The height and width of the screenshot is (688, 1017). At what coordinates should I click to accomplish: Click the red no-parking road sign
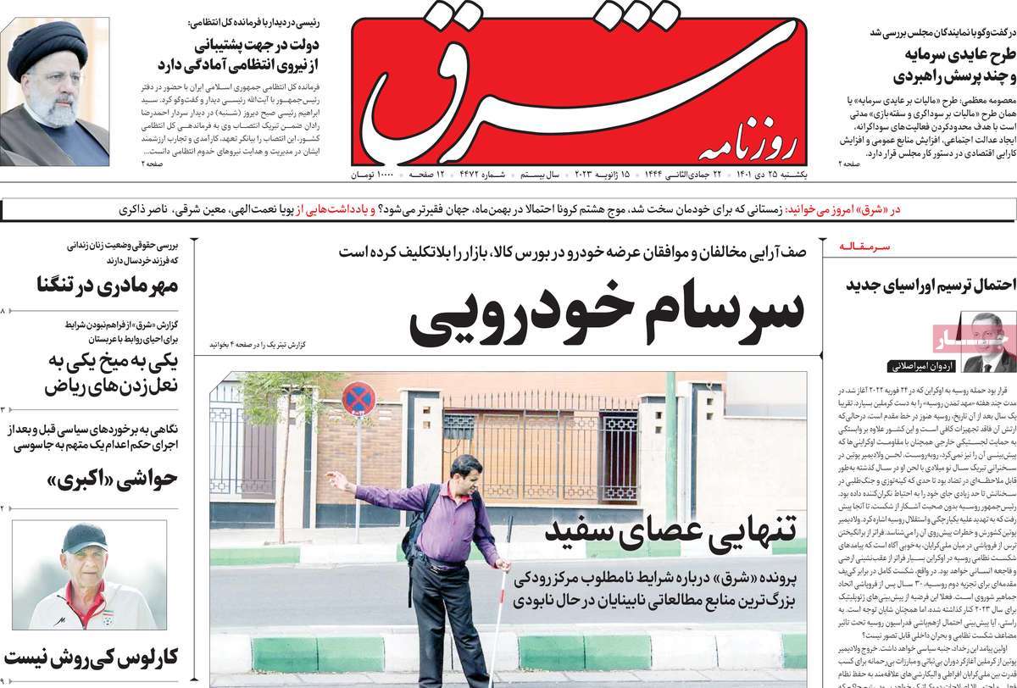click(358, 399)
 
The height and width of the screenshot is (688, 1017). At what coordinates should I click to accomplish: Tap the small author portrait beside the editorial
click(988, 343)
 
